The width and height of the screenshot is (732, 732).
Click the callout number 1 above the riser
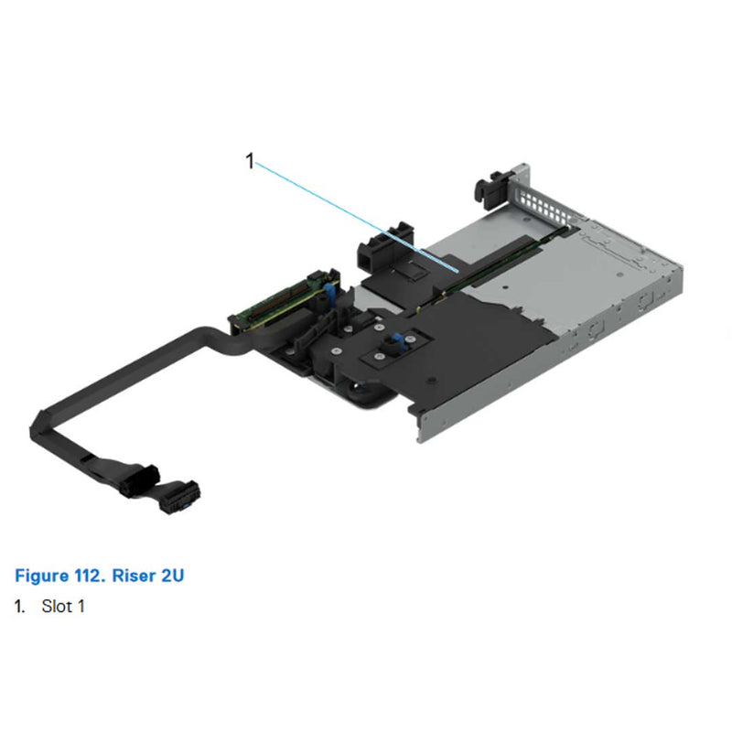click(x=249, y=161)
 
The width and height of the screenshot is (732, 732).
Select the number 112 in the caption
click(x=90, y=576)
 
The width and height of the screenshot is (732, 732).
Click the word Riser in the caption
click(x=136, y=576)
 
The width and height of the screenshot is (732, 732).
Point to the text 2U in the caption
click(x=176, y=576)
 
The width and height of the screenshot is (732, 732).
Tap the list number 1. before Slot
click(x=20, y=607)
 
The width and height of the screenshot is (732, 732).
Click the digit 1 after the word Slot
click(x=81, y=607)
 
